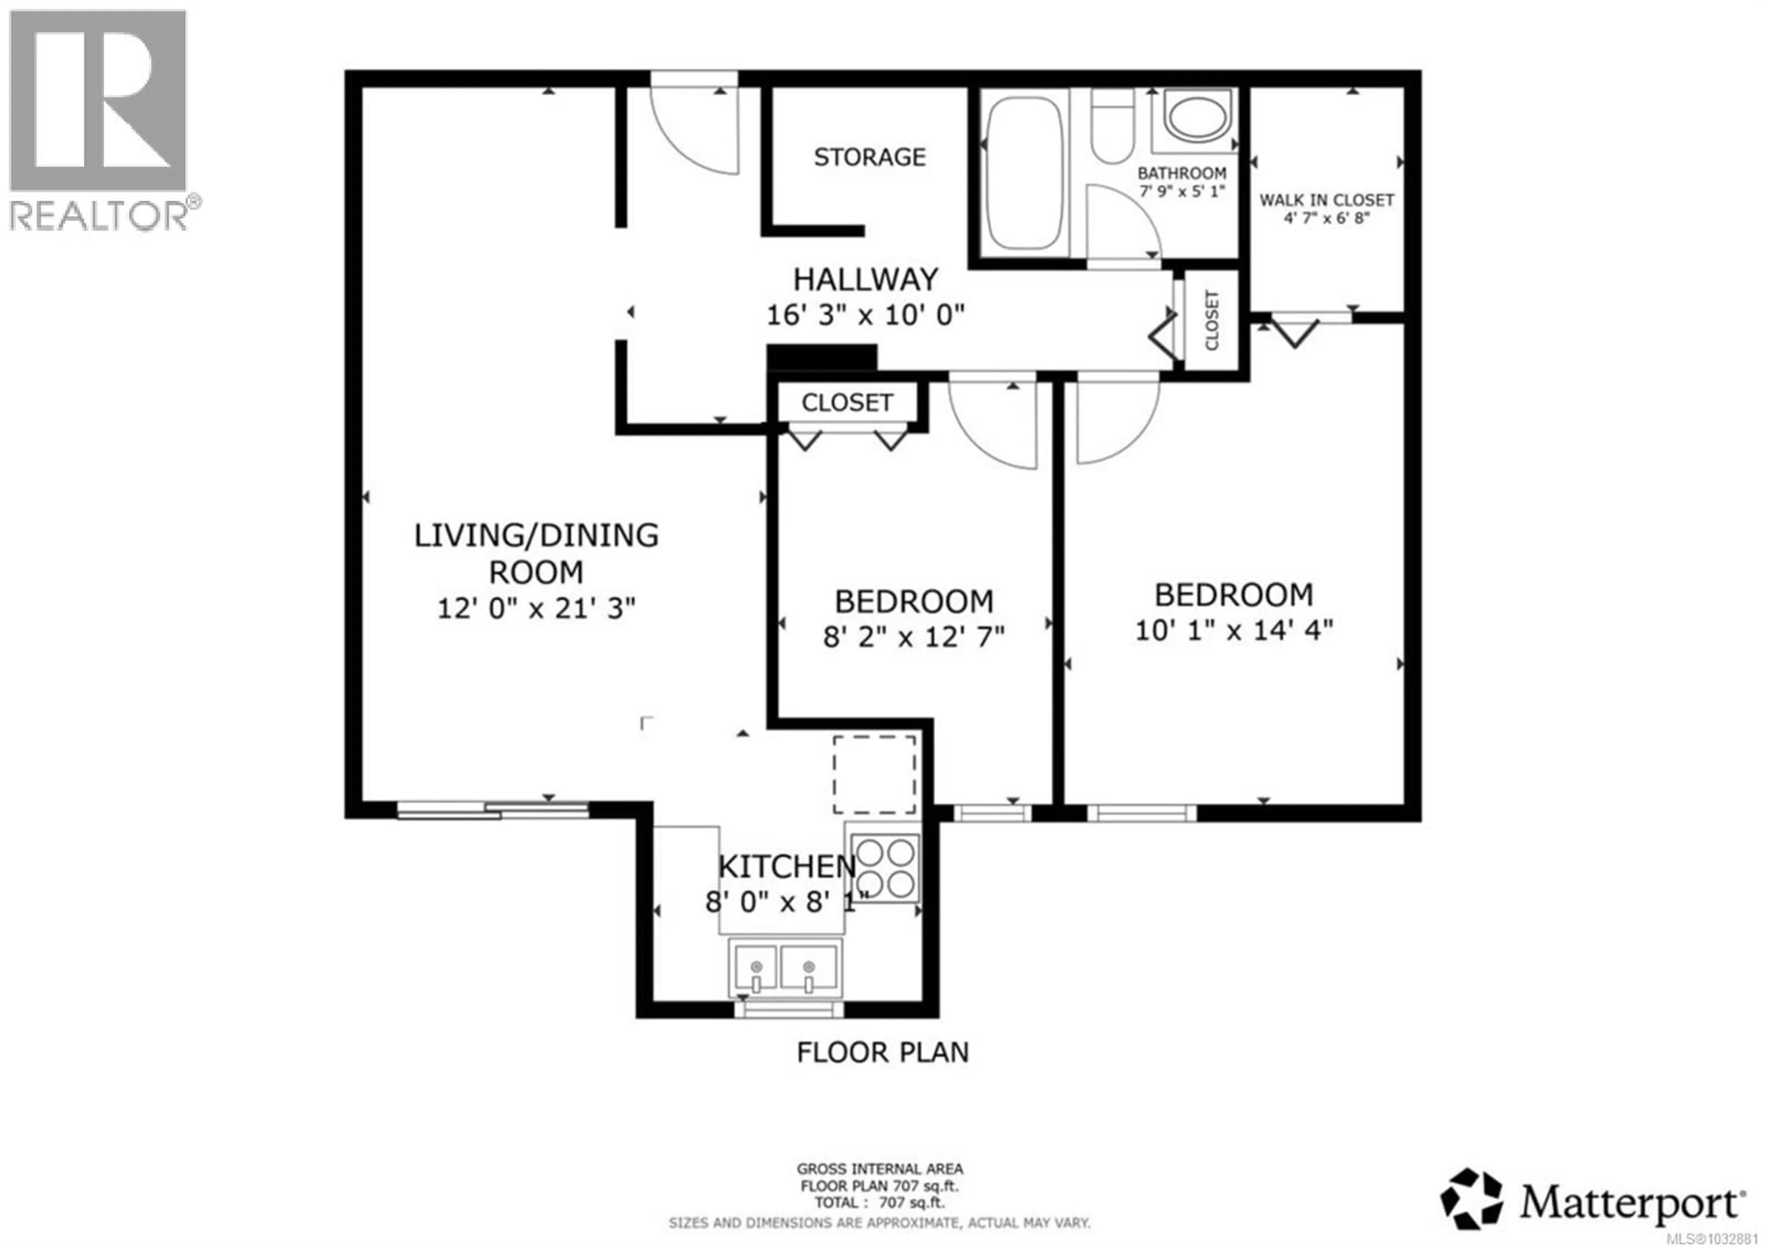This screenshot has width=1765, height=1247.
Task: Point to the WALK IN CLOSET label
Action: pos(1326,200)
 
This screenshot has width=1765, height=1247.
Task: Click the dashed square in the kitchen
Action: pos(874,774)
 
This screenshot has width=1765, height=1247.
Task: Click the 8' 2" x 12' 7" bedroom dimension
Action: pos(913,637)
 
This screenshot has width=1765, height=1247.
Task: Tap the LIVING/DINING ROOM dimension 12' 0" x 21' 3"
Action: pos(536,608)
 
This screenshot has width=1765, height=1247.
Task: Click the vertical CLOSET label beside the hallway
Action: pos(1212,320)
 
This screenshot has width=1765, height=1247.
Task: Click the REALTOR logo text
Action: pos(98,216)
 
